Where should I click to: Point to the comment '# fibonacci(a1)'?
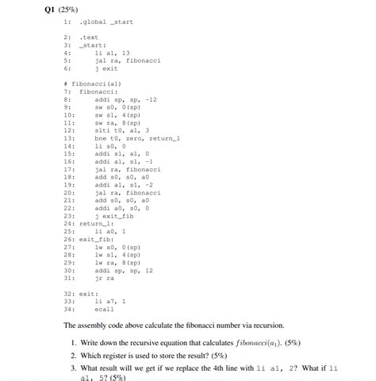(92, 83)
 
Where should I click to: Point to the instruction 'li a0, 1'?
(109, 231)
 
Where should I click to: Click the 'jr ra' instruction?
(105, 278)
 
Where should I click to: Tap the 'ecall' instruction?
(105, 309)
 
